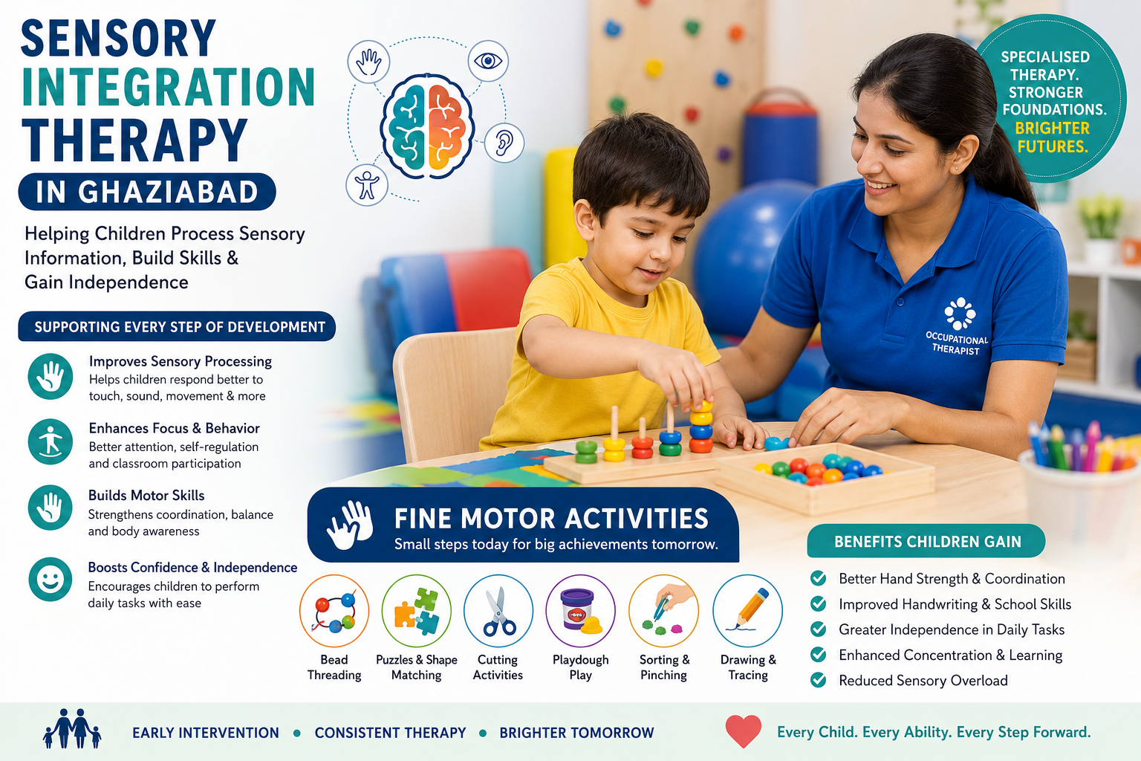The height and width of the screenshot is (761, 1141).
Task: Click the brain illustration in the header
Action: pos(427,126)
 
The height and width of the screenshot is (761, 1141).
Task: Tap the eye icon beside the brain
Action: pos(488,61)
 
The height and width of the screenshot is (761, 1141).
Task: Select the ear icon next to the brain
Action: pos(503,143)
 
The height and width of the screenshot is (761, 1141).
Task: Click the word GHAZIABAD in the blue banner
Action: pos(169,192)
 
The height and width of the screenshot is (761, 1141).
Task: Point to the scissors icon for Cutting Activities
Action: pos(498,611)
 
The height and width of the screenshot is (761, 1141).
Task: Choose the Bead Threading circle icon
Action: pos(334,611)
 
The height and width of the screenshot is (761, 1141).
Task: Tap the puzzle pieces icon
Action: pos(417,611)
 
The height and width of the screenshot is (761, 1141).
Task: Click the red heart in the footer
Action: pos(743,731)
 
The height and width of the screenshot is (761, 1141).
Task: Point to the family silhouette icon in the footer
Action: pos(72,729)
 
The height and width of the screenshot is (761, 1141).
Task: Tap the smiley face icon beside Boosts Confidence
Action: pos(50,579)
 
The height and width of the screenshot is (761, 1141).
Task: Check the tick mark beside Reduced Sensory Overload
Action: pos(818,680)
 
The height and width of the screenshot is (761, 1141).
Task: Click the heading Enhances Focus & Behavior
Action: pos(175,428)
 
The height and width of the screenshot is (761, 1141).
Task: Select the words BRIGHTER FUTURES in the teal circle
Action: pos(1053,137)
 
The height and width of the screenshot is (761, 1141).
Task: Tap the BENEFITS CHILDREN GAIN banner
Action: pos(926,541)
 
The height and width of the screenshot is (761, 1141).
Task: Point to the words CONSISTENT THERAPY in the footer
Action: pos(390,733)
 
